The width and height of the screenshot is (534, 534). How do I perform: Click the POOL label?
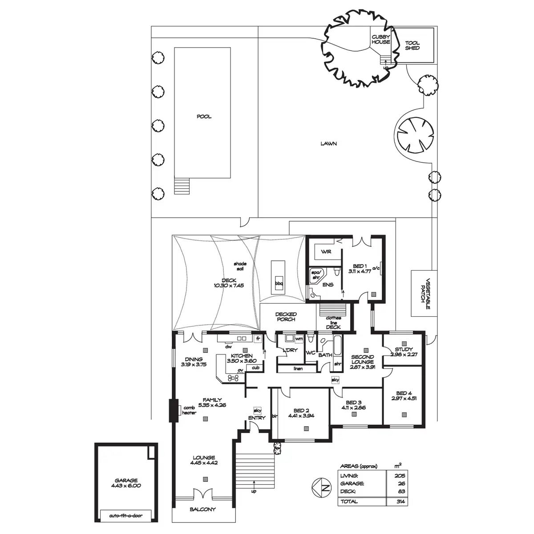(x=204, y=117)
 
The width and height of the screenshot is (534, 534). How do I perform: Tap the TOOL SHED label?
(x=413, y=45)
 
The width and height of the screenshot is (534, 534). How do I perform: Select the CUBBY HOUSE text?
(x=381, y=39)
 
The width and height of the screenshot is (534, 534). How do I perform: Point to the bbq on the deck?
(x=279, y=283)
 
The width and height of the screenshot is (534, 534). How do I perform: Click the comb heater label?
(x=189, y=410)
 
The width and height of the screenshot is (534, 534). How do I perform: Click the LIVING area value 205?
(x=400, y=476)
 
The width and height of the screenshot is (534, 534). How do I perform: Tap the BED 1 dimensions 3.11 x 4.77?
(x=360, y=271)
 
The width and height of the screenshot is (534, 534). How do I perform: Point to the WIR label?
(x=326, y=251)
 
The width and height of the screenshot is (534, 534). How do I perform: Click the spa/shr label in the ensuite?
(x=316, y=275)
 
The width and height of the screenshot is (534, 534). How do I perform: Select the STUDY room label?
(x=404, y=349)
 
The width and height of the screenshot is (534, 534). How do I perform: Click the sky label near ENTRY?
(x=258, y=410)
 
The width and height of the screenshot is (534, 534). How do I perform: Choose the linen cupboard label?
(x=298, y=368)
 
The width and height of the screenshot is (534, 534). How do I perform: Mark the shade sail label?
(x=240, y=266)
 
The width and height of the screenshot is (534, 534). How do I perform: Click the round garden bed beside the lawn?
(x=415, y=135)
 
